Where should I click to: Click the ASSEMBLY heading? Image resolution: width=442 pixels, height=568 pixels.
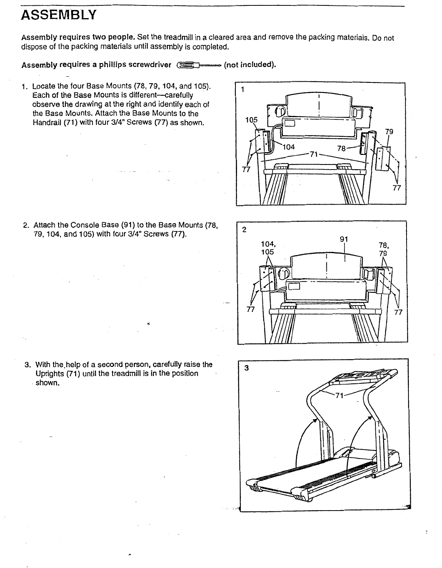58,15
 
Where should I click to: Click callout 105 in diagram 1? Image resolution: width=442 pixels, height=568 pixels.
251,120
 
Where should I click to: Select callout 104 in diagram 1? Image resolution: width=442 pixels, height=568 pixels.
289,147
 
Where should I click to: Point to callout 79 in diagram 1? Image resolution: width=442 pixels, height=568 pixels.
389,132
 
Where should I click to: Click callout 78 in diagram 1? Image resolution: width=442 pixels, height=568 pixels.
342,148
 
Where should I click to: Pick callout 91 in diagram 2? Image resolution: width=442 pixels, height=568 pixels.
344,239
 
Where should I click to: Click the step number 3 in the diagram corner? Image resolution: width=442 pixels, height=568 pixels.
247,368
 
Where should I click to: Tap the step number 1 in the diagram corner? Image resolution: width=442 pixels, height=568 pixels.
242,90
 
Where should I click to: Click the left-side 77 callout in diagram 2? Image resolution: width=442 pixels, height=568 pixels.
250,309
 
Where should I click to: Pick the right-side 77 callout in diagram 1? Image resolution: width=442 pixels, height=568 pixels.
397,188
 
